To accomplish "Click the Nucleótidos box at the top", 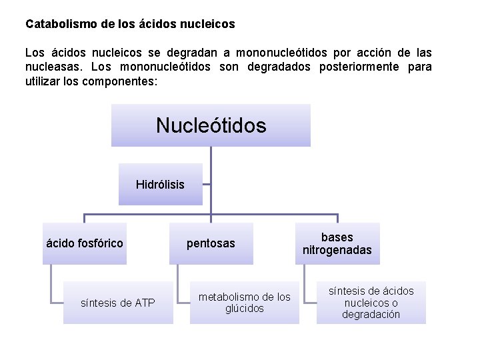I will [x=211, y=125].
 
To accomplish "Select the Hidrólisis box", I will [x=161, y=184].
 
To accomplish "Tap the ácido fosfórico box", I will [x=85, y=243].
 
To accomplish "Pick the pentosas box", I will [x=211, y=243].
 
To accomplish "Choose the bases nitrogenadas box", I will [x=337, y=243].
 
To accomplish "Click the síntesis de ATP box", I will [x=118, y=303].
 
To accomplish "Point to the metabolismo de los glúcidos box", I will [x=245, y=303].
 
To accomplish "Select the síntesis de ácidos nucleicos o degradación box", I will [x=371, y=303].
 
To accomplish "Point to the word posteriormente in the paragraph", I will [x=338, y=67].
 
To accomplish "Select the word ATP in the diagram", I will [x=145, y=303].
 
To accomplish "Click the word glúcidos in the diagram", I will [x=245, y=309].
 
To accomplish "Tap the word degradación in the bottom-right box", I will [x=371, y=315].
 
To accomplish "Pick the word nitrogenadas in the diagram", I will [x=337, y=251].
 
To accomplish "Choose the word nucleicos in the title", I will [x=209, y=24].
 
